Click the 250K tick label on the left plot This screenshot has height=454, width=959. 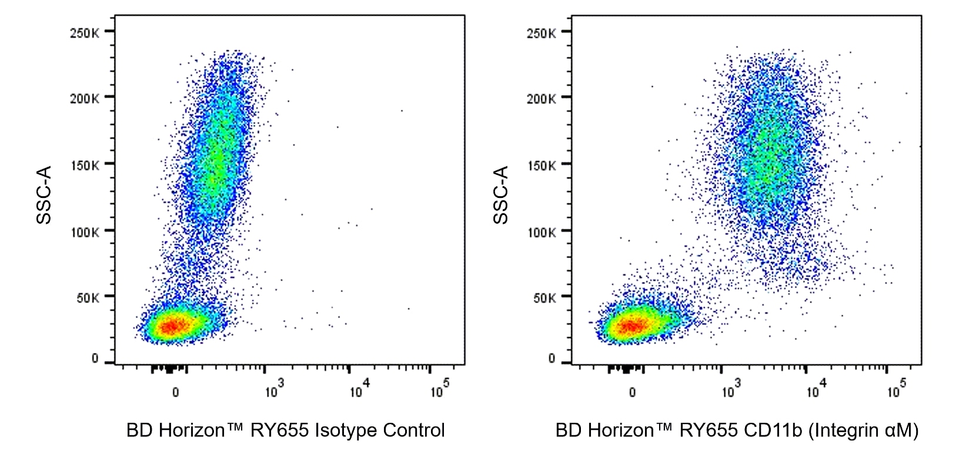point(84,33)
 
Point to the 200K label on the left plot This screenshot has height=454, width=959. point(84,98)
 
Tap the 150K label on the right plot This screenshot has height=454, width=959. point(541,165)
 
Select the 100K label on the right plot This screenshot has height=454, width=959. point(541,232)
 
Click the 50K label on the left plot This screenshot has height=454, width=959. point(88,298)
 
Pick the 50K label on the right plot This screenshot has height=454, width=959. point(544,298)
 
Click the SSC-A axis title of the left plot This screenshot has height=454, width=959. point(44,195)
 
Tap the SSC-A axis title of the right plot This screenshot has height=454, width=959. point(500,195)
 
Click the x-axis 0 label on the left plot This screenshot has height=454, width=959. point(175,392)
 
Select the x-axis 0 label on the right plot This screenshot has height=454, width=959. point(632,392)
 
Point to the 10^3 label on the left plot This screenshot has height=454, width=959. point(274,390)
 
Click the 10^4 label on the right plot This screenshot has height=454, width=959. point(816,390)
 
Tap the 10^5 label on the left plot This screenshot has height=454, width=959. point(440,390)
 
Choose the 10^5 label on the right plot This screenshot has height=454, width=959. point(897,390)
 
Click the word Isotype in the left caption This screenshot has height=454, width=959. point(346,431)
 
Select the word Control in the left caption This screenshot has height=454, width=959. point(414,431)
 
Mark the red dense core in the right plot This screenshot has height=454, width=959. point(629,325)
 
